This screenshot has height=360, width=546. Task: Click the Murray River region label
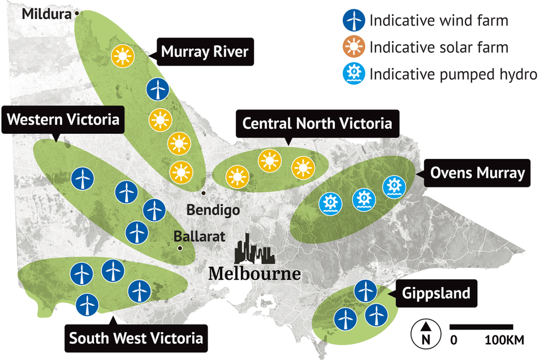click(205, 52)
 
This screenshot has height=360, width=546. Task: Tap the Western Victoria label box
click(63, 120)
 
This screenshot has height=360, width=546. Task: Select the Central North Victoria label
click(317, 123)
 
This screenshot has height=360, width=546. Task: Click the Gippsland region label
click(436, 293)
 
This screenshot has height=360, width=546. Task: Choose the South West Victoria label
click(136, 338)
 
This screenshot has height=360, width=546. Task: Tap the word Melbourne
click(254, 273)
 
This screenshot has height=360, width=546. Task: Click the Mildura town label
click(46, 13)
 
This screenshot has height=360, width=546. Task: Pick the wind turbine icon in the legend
click(353, 21)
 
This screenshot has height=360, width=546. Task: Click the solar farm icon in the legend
click(353, 48)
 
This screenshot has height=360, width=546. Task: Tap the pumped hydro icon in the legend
click(353, 73)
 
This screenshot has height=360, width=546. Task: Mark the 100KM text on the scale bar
click(505, 340)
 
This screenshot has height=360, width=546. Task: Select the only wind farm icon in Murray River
click(158, 88)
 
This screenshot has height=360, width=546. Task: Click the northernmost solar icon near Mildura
click(122, 56)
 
